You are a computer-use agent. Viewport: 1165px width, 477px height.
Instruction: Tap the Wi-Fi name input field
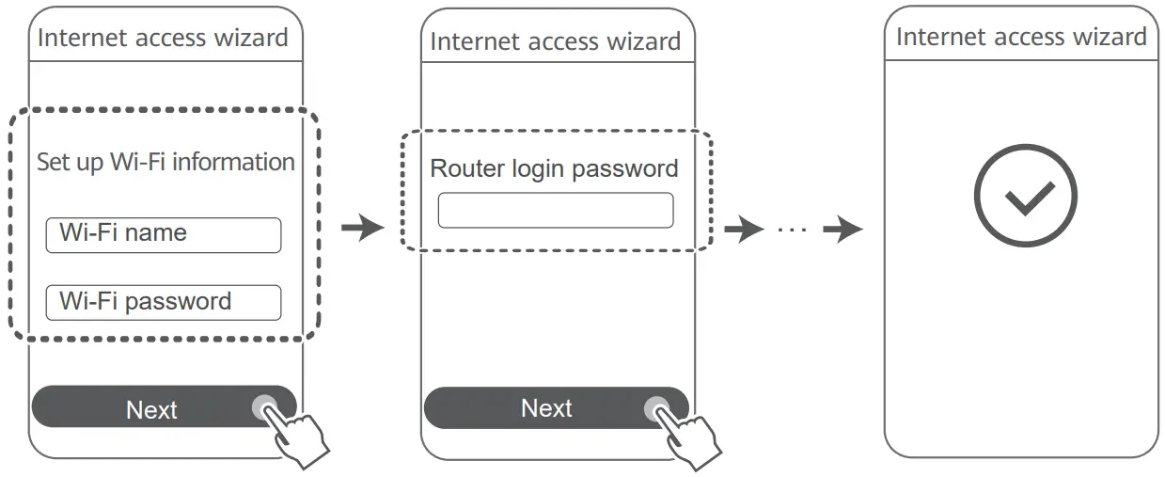(163, 235)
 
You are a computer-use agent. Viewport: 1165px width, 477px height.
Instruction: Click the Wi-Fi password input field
(163, 303)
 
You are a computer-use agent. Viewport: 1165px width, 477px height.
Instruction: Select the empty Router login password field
(555, 211)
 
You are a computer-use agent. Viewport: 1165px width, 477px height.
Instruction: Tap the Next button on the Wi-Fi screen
(164, 406)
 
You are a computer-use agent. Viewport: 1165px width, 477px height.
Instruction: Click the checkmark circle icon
(1024, 197)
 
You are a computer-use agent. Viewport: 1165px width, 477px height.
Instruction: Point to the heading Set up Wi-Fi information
(165, 162)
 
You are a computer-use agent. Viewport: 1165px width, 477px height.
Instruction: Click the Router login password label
(554, 169)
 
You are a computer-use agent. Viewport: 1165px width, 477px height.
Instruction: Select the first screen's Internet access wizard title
(163, 39)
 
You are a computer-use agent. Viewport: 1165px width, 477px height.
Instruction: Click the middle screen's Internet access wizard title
(555, 42)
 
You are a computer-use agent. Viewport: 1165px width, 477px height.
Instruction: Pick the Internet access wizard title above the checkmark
(1021, 38)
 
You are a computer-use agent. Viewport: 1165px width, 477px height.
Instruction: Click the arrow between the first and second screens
(362, 228)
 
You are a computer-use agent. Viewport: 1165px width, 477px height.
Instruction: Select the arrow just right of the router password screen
(744, 230)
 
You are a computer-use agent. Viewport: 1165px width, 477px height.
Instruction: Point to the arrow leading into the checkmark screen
(842, 230)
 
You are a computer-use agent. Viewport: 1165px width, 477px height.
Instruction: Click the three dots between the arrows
(793, 230)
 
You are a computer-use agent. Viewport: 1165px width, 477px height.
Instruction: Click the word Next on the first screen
(151, 410)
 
